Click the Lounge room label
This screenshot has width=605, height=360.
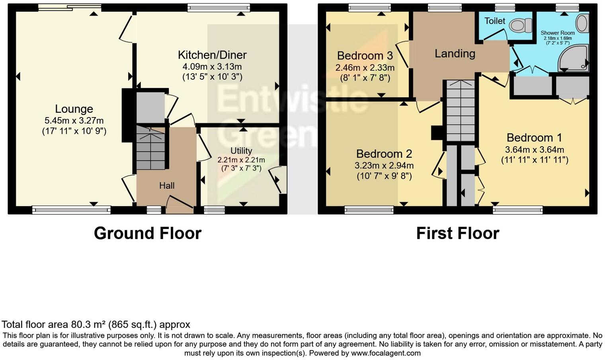(74, 109)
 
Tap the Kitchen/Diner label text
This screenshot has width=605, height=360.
(212, 55)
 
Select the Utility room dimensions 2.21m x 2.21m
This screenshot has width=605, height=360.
(241, 160)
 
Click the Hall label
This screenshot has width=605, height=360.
(167, 186)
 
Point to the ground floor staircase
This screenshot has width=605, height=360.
(151, 148)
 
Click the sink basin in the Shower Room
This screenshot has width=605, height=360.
(582, 23)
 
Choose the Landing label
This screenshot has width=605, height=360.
(455, 53)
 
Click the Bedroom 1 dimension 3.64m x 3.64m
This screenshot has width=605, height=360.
(534, 150)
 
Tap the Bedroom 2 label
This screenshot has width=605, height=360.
(384, 154)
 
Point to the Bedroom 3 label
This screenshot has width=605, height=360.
(365, 55)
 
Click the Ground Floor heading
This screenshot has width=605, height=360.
(148, 233)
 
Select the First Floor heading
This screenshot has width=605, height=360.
(457, 233)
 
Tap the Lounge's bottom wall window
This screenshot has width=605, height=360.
(71, 210)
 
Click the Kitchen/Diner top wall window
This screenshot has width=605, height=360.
(219, 7)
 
